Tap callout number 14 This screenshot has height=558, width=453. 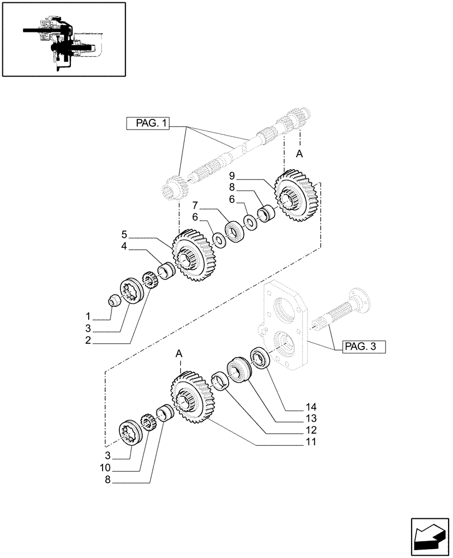(x=310, y=406)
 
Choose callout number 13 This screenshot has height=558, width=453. (x=310, y=418)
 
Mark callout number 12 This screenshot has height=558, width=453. (x=310, y=430)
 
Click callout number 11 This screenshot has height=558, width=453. (x=310, y=442)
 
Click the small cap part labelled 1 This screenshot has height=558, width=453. (x=114, y=301)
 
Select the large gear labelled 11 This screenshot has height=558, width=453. (x=189, y=398)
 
